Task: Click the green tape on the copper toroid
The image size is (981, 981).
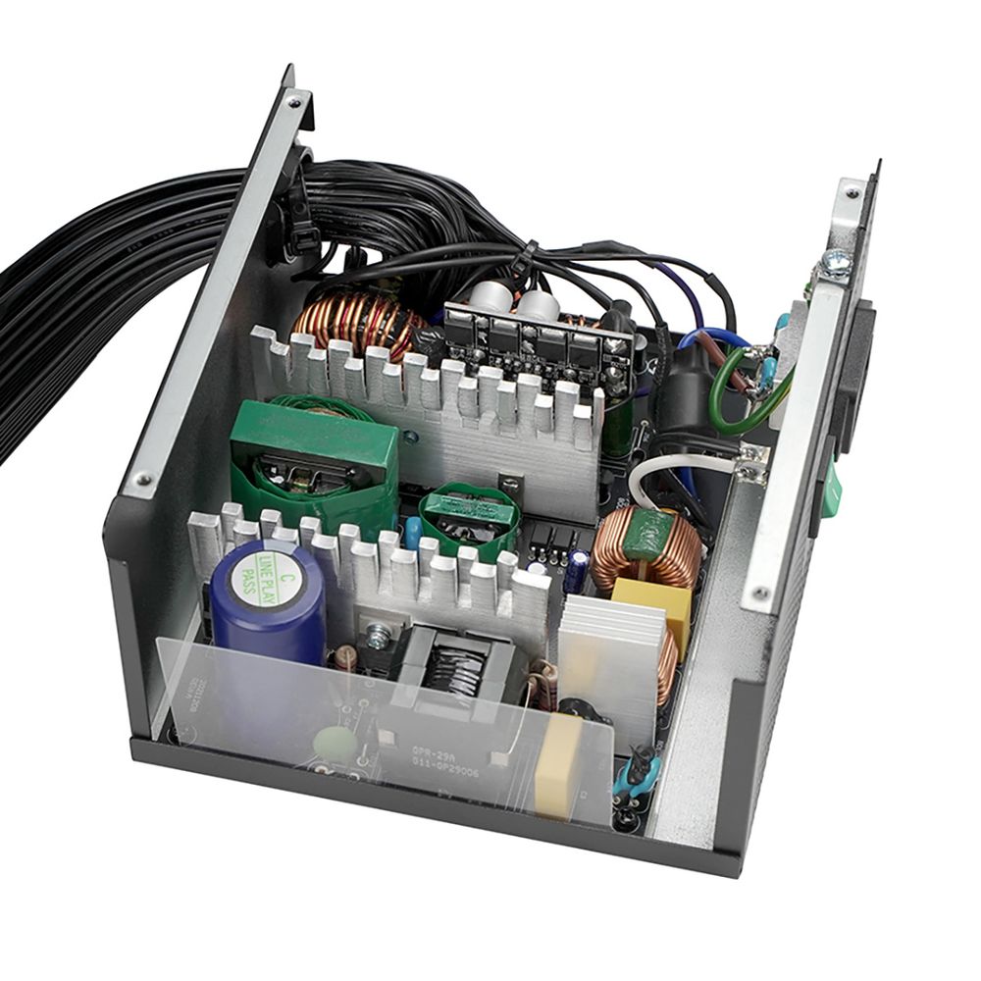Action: (648, 535)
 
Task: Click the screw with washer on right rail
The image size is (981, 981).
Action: (835, 262)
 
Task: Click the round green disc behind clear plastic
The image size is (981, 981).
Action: (336, 744)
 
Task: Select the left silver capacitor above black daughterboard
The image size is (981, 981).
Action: (487, 297)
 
